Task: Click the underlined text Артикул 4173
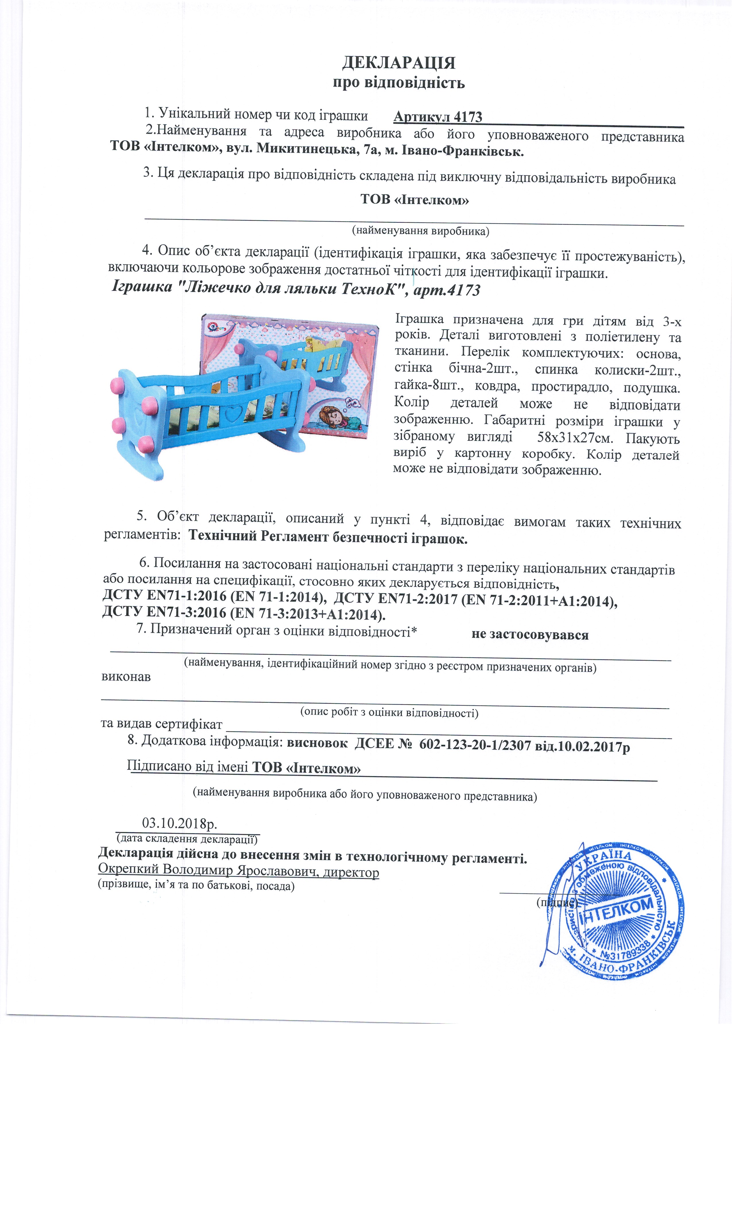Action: pyautogui.click(x=437, y=117)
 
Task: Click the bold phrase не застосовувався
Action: pyautogui.click(x=529, y=635)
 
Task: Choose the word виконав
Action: pyautogui.click(x=126, y=677)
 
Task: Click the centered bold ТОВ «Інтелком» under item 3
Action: pyautogui.click(x=415, y=200)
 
